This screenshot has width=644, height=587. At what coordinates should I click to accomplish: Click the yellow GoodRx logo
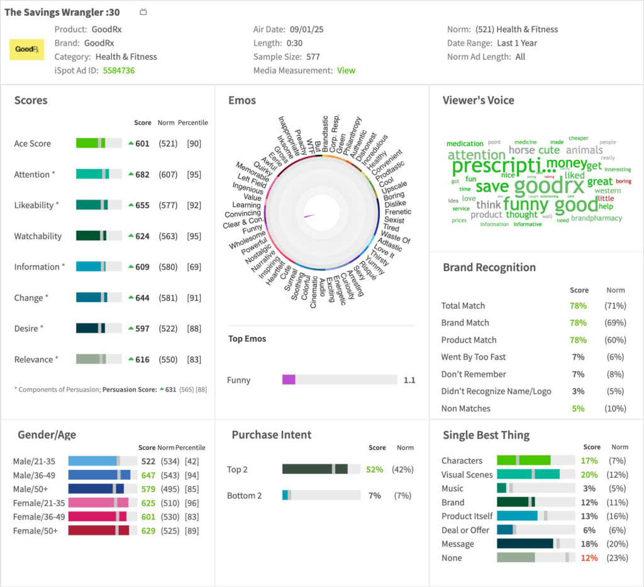26,49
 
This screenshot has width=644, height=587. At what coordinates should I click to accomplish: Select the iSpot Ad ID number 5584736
118,70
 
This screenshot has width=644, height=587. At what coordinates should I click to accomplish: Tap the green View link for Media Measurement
346,70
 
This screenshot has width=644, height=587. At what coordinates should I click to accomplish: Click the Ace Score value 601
142,143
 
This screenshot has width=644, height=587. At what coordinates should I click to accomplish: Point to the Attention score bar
99,174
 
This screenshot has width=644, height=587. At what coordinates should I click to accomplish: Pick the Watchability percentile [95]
194,236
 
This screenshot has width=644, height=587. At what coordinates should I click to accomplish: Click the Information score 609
142,267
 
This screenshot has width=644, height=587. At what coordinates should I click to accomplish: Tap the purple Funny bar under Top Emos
289,379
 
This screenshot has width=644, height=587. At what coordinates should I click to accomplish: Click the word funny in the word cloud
526,204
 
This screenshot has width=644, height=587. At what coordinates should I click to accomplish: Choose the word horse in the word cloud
521,150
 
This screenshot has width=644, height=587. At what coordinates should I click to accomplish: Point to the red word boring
623,181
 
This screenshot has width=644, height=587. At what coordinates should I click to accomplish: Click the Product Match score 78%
578,340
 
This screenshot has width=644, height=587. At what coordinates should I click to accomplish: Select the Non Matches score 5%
578,408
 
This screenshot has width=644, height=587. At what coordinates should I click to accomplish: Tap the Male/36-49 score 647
148,475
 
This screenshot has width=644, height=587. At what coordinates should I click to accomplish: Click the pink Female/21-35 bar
98,503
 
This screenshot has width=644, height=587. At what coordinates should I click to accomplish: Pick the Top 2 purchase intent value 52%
375,469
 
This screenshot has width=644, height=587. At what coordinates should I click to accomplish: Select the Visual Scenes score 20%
589,474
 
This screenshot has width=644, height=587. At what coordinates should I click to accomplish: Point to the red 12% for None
589,557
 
